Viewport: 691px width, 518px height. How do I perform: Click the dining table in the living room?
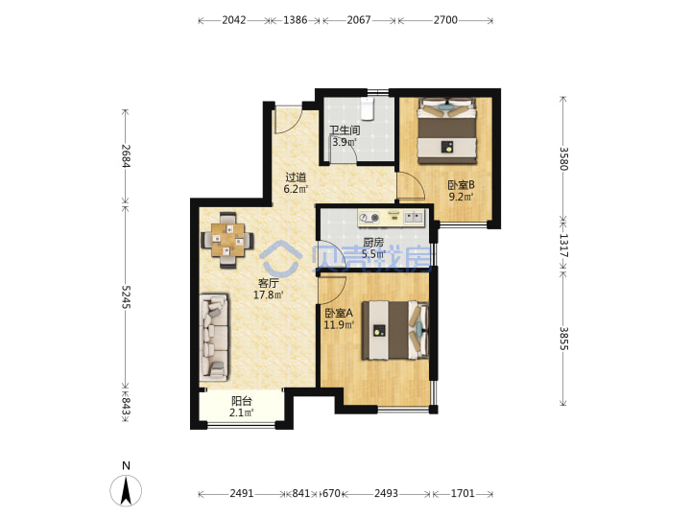(227, 240)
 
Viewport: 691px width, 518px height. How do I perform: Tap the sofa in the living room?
(214, 338)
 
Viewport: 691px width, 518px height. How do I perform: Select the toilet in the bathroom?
(367, 108)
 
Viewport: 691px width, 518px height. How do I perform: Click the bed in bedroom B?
(447, 130)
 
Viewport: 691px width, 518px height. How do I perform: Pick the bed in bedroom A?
(395, 330)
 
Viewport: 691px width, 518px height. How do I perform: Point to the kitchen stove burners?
(369, 218)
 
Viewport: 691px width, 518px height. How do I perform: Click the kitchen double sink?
(414, 217)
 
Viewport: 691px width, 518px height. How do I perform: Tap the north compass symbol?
(126, 490)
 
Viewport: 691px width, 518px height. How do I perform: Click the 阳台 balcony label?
(242, 401)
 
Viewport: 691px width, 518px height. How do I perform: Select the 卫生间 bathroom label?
(345, 130)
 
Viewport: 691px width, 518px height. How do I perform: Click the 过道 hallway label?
(296, 177)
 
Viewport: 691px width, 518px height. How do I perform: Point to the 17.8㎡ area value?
(268, 294)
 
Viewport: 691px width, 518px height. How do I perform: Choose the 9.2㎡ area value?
(461, 197)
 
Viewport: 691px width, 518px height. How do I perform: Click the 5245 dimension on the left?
(126, 296)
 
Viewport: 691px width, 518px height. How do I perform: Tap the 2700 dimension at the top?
(445, 20)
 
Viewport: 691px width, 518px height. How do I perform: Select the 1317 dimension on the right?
(564, 246)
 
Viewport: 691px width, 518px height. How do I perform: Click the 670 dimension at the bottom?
(331, 493)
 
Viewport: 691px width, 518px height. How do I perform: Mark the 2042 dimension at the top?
(234, 20)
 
